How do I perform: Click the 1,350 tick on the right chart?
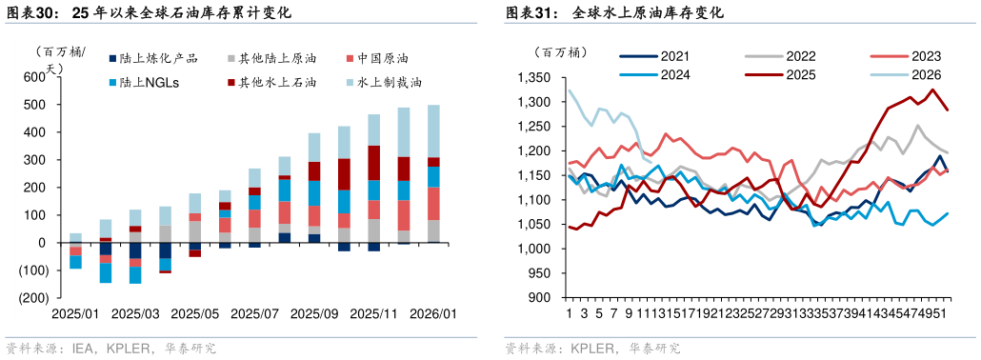534,77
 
